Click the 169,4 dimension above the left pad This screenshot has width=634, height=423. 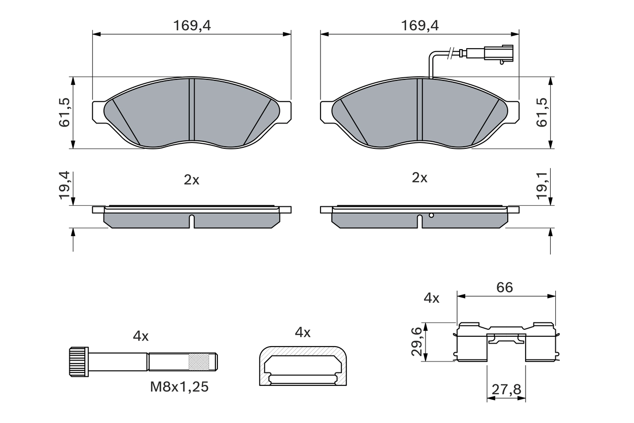(192, 26)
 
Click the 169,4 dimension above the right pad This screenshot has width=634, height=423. (420, 26)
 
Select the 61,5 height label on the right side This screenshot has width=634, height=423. (543, 113)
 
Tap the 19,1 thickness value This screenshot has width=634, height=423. (543, 186)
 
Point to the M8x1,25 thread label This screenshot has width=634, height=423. (179, 387)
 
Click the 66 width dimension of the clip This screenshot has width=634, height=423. (505, 287)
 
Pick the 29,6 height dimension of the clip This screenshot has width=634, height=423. (417, 342)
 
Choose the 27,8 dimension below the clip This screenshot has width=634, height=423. (506, 390)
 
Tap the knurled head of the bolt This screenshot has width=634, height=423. (78, 362)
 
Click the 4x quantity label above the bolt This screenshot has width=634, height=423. (141, 336)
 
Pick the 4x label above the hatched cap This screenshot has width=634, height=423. (302, 332)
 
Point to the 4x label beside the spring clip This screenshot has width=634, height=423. (431, 298)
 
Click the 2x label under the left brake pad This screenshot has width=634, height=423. (192, 180)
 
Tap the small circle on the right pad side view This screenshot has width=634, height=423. (431, 215)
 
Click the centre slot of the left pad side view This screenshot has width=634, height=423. (192, 221)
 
